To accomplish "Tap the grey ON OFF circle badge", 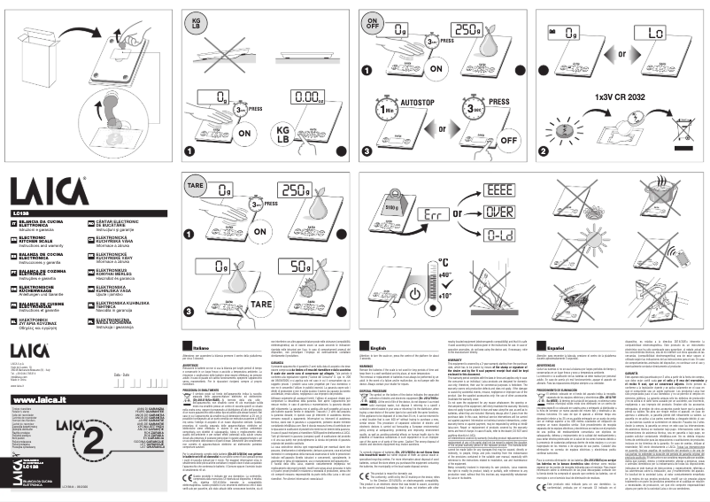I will [373, 22].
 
